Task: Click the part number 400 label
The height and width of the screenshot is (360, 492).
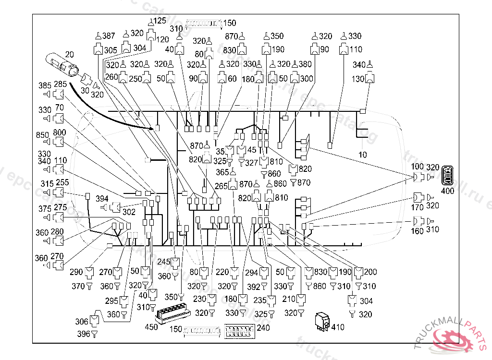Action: click(x=447, y=191)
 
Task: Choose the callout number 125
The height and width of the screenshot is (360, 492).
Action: click(x=160, y=21)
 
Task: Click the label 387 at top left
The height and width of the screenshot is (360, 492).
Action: click(x=109, y=36)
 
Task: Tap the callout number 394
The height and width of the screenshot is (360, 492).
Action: click(x=102, y=198)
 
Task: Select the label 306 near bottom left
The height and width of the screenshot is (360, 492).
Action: click(x=82, y=322)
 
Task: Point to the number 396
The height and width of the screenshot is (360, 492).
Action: click(x=83, y=334)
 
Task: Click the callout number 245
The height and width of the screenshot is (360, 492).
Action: click(x=164, y=262)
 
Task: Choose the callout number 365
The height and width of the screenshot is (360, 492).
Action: click(x=222, y=172)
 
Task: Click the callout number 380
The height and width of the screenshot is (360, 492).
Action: click(x=305, y=64)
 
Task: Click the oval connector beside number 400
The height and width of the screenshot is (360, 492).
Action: click(x=447, y=175)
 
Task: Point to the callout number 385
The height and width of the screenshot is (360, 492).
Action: click(x=45, y=85)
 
